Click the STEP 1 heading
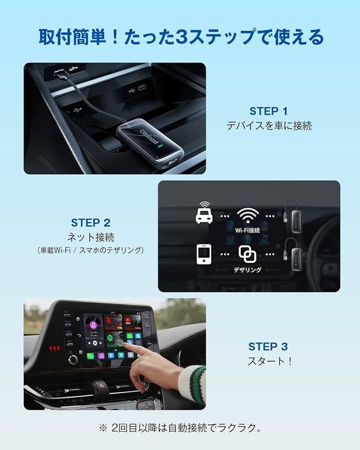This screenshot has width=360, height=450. [x=268, y=111]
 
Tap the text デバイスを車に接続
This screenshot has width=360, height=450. [x=269, y=126]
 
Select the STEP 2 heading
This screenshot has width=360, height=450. [x=90, y=222]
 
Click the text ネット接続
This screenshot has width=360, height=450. [x=90, y=237]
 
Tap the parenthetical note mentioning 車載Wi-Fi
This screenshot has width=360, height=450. [x=90, y=250]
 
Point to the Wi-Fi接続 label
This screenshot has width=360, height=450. [x=247, y=230]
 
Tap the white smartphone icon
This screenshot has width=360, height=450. [x=204, y=254]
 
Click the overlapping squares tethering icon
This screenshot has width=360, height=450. [x=247, y=254]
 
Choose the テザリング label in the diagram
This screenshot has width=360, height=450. [x=247, y=270]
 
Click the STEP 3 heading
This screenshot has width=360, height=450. [x=268, y=346]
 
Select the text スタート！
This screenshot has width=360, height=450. [x=268, y=361]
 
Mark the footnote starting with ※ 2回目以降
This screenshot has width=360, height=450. [x=180, y=428]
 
